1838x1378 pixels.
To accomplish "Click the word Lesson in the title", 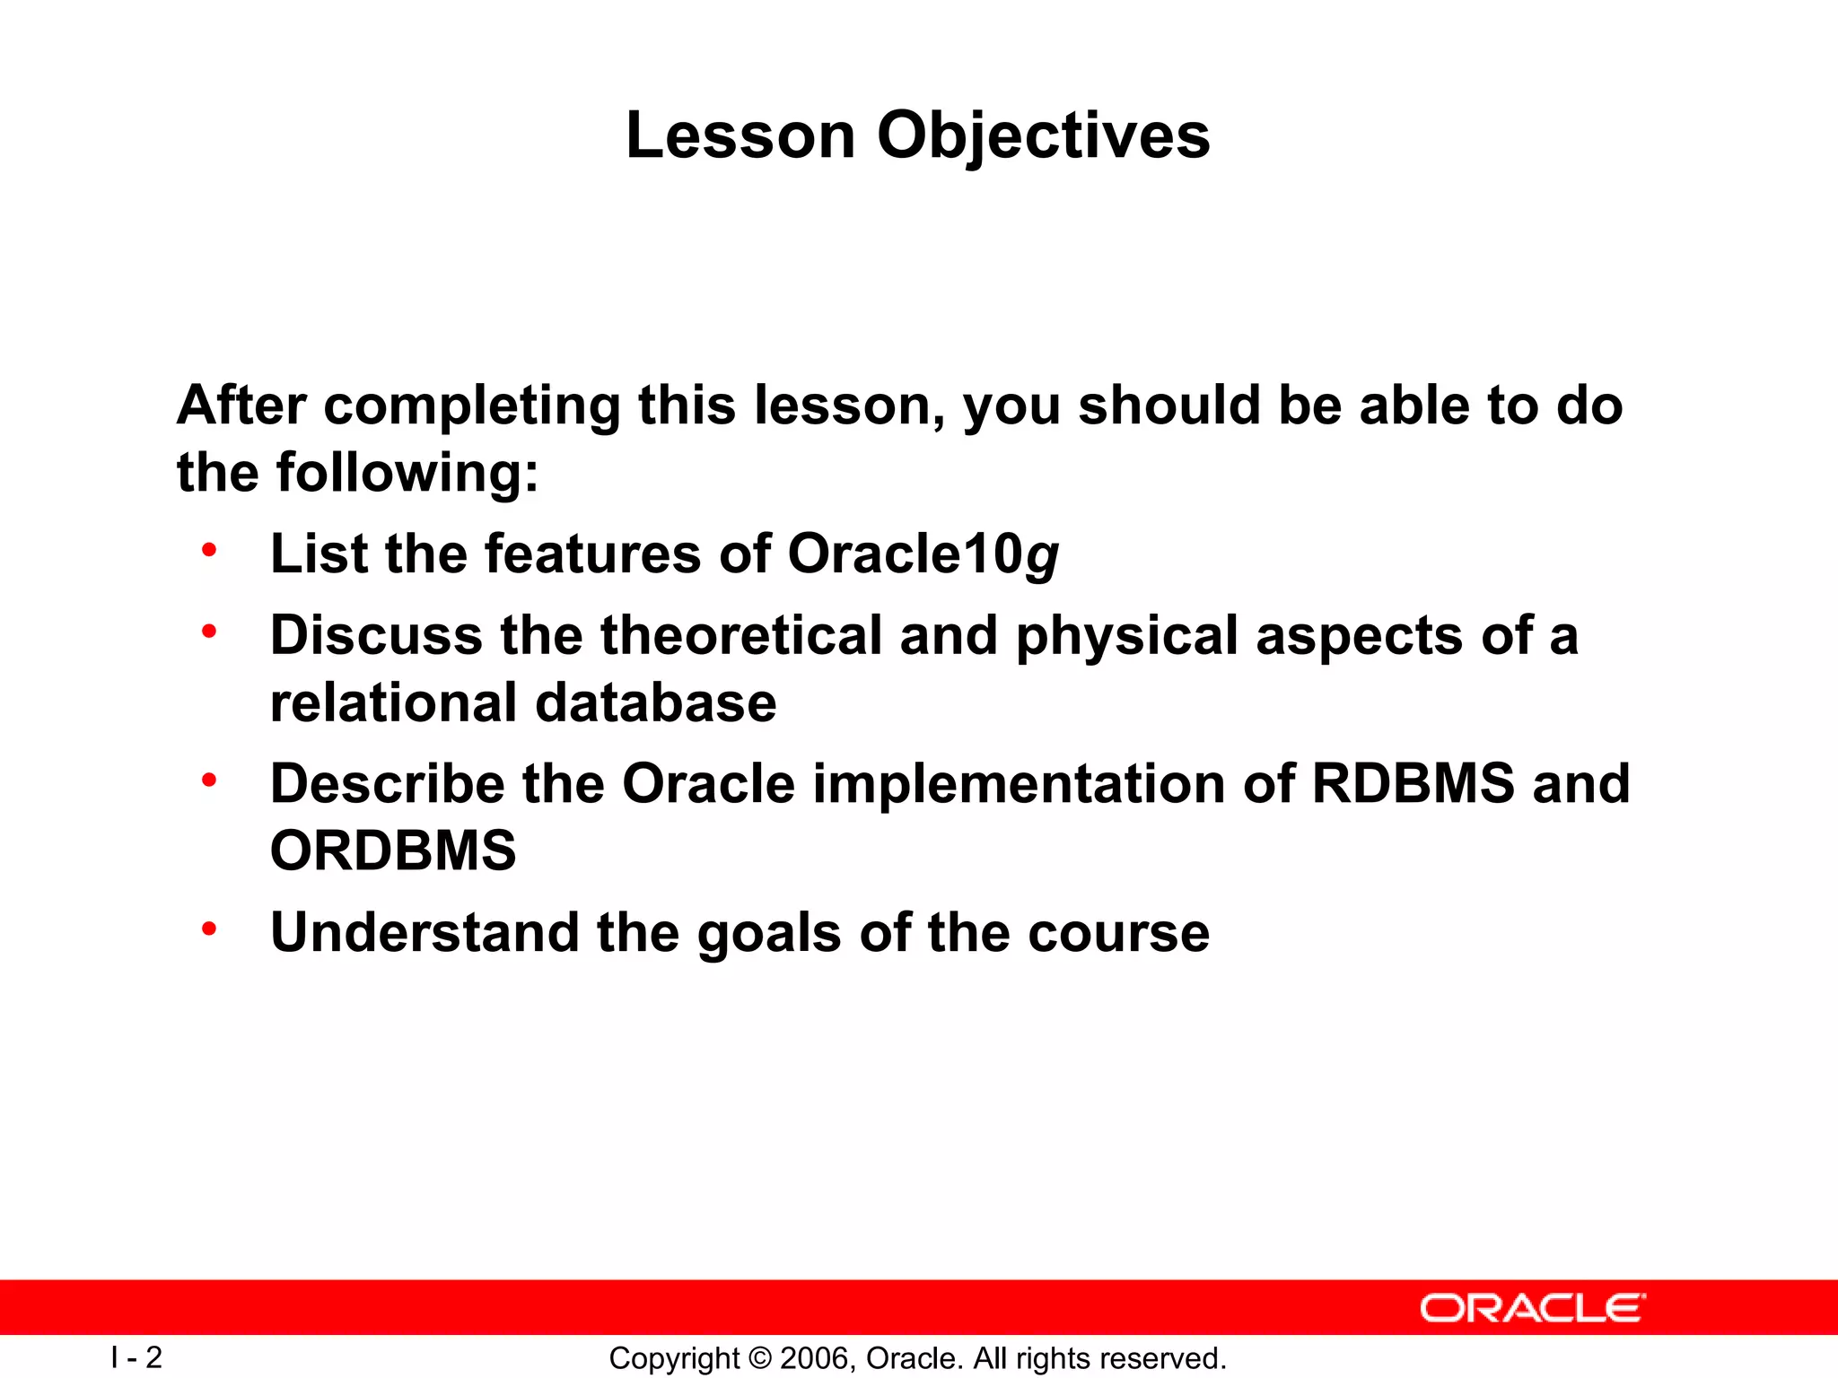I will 740,136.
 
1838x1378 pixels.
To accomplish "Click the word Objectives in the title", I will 1043,136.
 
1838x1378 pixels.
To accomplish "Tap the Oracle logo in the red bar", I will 1532,1308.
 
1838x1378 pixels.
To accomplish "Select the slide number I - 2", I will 136,1357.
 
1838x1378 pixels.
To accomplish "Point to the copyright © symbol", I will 759,1358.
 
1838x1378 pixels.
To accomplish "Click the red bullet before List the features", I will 209,549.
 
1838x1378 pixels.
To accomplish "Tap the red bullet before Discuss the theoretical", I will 209,632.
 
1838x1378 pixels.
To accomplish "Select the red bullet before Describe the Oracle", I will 209,780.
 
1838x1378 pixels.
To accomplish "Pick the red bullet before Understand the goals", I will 209,929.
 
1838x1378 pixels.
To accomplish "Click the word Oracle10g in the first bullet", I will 923,554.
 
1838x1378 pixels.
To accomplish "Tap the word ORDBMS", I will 393,850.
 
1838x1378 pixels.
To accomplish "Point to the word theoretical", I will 741,635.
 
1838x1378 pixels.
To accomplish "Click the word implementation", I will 1019,783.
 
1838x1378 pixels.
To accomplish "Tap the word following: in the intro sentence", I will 407,473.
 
